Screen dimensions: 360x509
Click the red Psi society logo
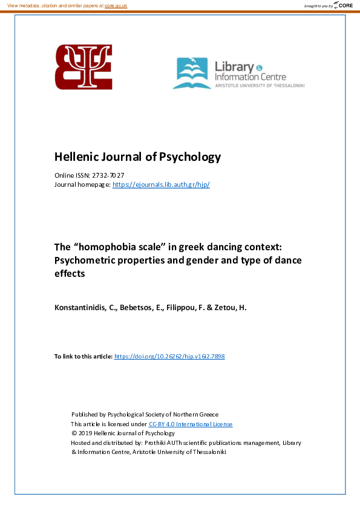(x=83, y=67)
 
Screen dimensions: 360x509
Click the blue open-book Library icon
(x=192, y=74)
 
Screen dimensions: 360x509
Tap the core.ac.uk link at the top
(x=117, y=5)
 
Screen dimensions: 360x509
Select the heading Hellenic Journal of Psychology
(x=137, y=157)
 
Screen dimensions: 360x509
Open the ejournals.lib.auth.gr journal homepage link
(x=161, y=184)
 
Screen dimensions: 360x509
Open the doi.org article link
(x=169, y=357)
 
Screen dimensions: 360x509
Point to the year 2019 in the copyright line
(x=87, y=433)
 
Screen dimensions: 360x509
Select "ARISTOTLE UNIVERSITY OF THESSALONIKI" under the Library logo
(x=260, y=86)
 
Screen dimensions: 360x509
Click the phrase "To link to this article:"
(x=83, y=357)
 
